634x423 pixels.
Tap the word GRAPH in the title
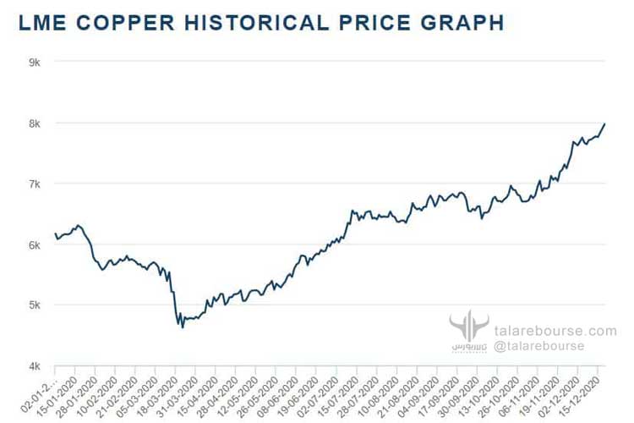pyautogui.click(x=460, y=23)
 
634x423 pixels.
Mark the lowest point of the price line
pyautogui.click(x=183, y=327)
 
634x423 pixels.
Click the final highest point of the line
pyautogui.click(x=604, y=124)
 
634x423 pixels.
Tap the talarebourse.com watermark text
pyautogui.click(x=555, y=331)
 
